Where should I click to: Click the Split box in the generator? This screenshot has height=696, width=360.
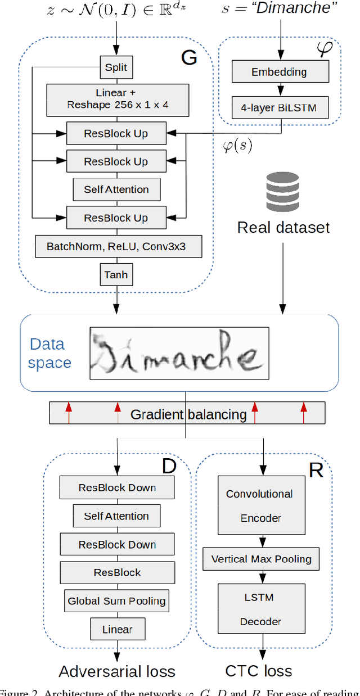116,67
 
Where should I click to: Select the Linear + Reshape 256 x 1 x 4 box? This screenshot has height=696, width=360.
116,99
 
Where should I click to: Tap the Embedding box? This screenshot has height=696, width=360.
280,72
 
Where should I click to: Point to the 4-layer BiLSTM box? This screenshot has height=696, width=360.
280,107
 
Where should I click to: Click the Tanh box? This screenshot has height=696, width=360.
116,275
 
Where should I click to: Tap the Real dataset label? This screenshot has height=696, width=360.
283,227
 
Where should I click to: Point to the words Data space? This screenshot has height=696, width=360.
49,353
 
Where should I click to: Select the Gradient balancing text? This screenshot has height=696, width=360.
188,414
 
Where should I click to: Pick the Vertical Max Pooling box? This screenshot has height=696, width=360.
261,559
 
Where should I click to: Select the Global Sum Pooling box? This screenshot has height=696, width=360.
116,600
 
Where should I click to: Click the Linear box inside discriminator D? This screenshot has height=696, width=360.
116,629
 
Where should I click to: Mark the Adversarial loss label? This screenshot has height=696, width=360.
117,671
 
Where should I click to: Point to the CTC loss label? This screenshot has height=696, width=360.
259,671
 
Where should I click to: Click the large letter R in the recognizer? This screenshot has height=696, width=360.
316,471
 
